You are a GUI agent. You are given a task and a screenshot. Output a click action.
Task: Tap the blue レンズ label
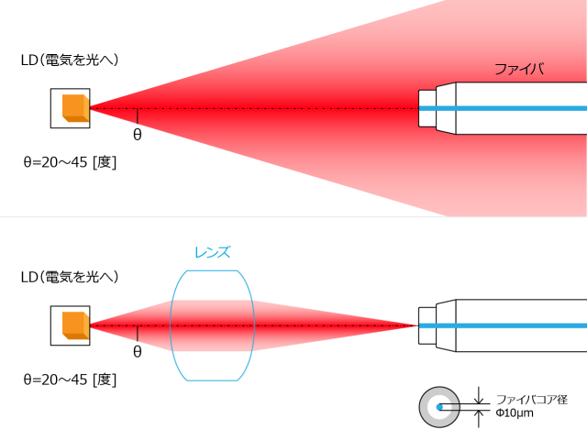212,252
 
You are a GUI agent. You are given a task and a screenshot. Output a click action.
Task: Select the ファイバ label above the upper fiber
519,70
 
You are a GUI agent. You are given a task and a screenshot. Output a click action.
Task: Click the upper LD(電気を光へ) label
70,60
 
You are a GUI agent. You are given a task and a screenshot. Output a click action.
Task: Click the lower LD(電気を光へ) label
70,276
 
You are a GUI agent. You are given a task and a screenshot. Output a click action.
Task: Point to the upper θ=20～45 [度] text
69,161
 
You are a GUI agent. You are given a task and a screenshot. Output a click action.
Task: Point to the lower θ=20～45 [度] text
69,378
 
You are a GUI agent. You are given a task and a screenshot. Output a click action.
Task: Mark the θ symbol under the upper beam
138,135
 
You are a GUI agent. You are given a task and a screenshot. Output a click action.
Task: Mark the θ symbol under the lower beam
138,351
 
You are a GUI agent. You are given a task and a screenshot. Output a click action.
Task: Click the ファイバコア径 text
532,400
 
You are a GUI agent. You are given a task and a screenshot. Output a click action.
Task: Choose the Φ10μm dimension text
515,413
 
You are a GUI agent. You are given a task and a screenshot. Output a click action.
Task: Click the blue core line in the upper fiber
514,109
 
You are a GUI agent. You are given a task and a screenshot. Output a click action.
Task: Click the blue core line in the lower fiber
514,325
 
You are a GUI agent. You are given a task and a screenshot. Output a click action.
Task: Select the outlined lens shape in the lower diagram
211,325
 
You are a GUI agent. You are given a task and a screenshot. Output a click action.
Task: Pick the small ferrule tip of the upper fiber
426,109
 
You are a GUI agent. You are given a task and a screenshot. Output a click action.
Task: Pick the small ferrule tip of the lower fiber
426,325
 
